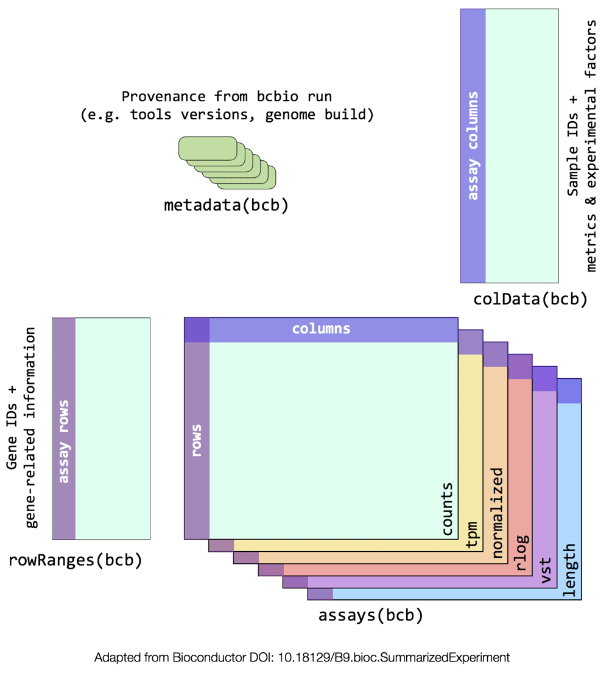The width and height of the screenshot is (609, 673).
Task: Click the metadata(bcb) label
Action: (226, 205)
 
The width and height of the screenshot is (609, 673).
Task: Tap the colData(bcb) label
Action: (530, 299)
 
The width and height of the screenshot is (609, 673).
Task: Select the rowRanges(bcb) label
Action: (75, 560)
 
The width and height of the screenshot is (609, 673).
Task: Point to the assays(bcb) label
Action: (370, 615)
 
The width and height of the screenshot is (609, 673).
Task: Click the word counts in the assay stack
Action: (447, 509)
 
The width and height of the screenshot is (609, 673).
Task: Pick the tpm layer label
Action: (471, 535)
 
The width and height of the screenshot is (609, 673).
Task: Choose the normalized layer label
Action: (496, 513)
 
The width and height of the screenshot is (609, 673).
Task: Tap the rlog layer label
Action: (521, 552)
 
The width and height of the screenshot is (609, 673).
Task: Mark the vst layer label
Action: (546, 571)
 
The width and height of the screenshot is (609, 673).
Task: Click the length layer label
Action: (569, 571)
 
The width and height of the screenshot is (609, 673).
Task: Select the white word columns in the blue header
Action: (321, 329)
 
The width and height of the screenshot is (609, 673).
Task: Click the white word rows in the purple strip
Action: (197, 440)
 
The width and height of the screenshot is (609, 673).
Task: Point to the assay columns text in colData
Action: (473, 146)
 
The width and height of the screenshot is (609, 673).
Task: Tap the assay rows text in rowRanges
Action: (63, 442)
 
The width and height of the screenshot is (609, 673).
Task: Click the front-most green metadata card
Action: (208, 149)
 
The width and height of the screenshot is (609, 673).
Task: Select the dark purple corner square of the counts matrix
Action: (197, 330)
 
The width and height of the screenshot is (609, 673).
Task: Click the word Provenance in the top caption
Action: (163, 97)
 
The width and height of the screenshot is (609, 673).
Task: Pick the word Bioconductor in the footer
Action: (222, 658)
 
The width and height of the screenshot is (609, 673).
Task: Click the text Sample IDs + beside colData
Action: (573, 146)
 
